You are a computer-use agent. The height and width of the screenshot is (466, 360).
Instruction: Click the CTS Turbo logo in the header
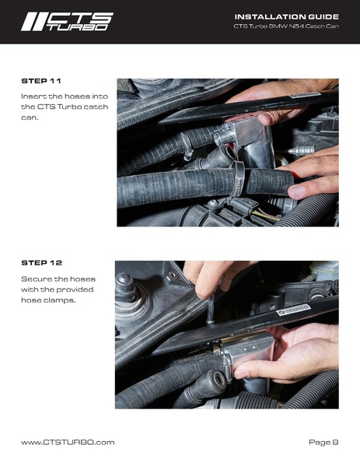point(67,21)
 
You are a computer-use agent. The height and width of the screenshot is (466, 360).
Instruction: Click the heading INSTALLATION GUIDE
point(286,16)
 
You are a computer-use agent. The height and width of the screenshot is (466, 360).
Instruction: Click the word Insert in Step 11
point(34,96)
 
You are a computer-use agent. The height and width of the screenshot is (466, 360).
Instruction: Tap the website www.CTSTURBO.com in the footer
point(68,442)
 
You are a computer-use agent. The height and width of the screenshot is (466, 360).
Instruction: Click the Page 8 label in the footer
point(323,442)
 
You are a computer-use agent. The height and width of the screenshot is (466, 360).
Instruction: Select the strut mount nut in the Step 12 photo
point(125,282)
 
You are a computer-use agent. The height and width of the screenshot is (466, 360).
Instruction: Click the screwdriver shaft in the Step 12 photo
point(211,313)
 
